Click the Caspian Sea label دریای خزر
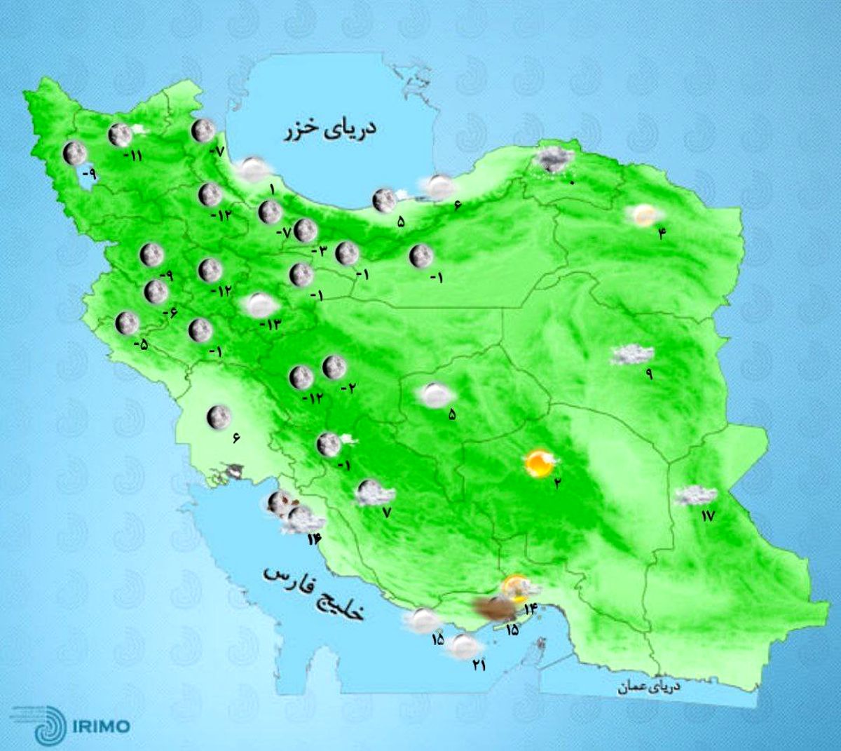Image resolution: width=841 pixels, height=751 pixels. (329, 129)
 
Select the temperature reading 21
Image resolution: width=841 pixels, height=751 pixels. (479, 664)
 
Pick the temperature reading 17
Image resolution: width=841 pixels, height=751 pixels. (707, 516)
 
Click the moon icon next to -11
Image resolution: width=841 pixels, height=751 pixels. (120, 133)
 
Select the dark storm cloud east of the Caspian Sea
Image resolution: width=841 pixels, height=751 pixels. (552, 161)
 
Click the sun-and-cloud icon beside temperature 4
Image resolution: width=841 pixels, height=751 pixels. (643, 215)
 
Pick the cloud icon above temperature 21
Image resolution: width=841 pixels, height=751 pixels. (465, 646)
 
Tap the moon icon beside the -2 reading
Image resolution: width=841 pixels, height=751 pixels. (334, 366)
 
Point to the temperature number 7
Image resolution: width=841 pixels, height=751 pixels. (385, 513)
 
